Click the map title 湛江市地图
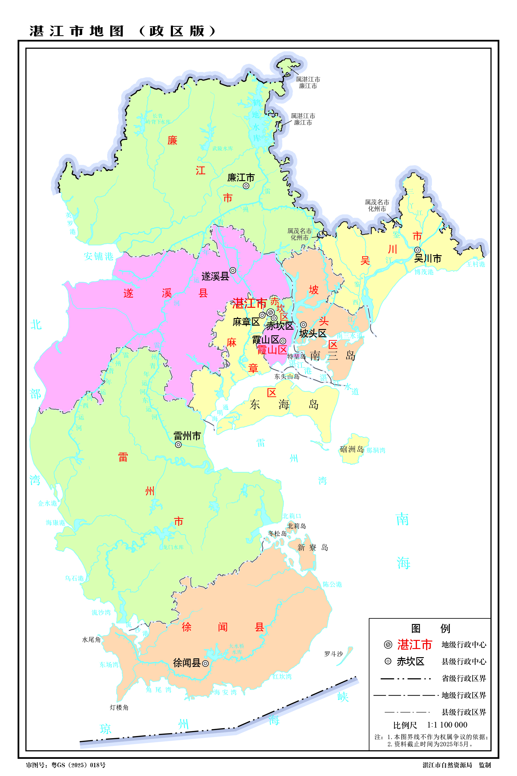pyautogui.click(x=77, y=31)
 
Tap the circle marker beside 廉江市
pyautogui.click(x=246, y=186)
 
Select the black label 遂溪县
pyautogui.click(x=215, y=276)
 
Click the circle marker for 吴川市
pyautogui.click(x=418, y=250)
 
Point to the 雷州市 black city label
pyautogui.click(x=187, y=436)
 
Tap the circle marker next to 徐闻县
pyautogui.click(x=205, y=663)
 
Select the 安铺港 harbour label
pyautogui.click(x=98, y=256)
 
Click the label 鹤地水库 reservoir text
pyautogui.click(x=256, y=120)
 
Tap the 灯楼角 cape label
pyautogui.click(x=119, y=708)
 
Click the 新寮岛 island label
pyautogui.click(x=312, y=548)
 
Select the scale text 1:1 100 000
pyautogui.click(x=447, y=725)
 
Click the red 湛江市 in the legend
pyautogui.click(x=414, y=644)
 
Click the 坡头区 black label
pyautogui.click(x=312, y=334)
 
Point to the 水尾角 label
pyautogui.click(x=91, y=640)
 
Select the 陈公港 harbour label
pyautogui.click(x=332, y=585)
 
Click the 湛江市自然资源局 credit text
pyautogui.click(x=447, y=765)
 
